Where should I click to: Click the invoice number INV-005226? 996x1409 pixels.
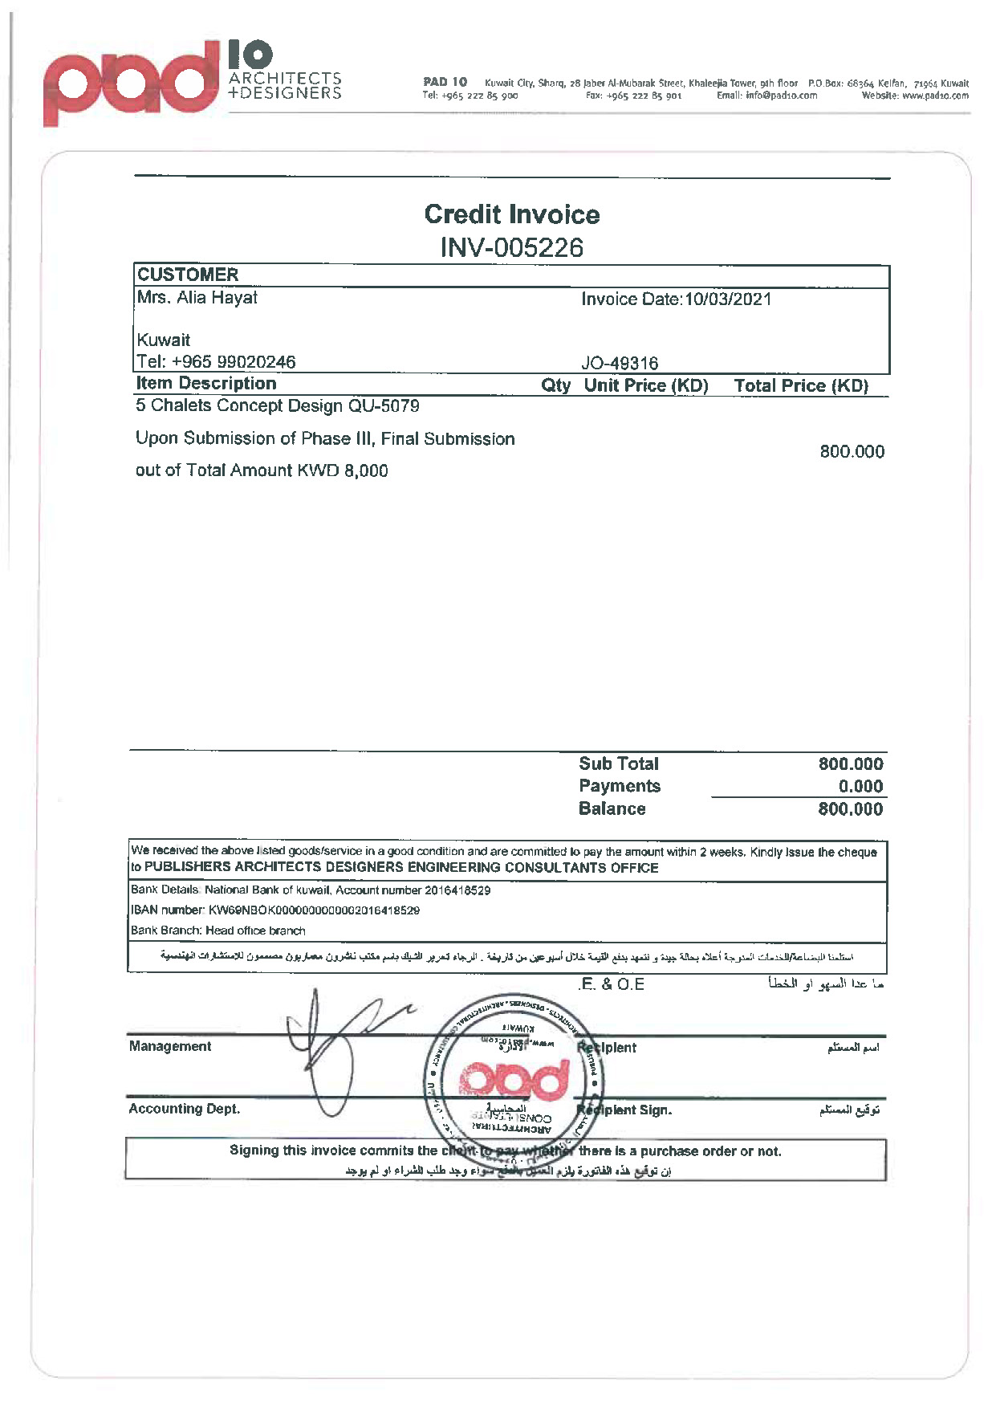coord(511,247)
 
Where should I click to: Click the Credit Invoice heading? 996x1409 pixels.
coord(511,214)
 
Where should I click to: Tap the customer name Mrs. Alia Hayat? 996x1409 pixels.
coord(197,298)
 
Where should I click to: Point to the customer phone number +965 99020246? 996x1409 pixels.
coord(234,362)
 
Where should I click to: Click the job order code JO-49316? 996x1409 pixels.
coord(620,363)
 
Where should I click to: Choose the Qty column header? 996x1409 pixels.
coord(555,385)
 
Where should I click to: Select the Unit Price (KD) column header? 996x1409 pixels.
coord(646,385)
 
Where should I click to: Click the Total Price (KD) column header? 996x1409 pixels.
coord(801,386)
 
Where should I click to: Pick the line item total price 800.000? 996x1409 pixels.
coord(852,452)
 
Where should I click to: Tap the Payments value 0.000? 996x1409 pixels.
coord(860,787)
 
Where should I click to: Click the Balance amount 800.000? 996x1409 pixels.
coord(850,809)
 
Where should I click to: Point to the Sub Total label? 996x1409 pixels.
coord(619,764)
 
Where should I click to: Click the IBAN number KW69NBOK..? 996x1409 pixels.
coord(314,910)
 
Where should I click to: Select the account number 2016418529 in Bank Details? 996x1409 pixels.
coord(457,890)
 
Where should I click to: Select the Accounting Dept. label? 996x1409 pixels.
coord(185,1109)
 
